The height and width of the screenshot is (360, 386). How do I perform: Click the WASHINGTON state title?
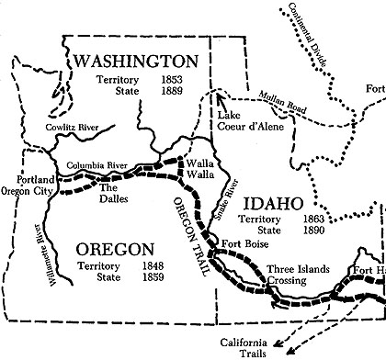[137, 62]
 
